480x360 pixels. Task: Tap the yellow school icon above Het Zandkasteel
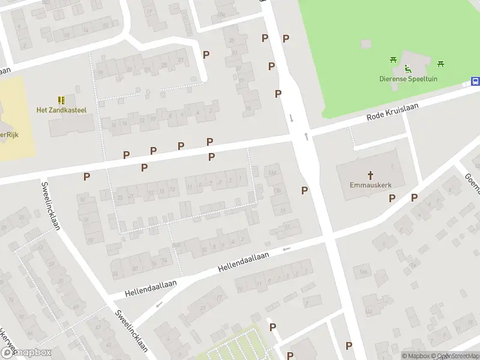61,100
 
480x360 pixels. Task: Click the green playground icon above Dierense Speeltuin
408,68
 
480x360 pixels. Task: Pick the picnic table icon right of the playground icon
440,64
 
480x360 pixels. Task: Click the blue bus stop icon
475,82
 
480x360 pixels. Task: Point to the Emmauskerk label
370,185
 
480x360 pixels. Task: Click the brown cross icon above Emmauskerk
370,175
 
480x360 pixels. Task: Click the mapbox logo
25,353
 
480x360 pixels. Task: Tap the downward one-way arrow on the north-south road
292,118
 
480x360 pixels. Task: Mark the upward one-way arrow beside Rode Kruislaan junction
307,137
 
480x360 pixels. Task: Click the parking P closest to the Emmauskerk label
392,198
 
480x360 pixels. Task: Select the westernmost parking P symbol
87,176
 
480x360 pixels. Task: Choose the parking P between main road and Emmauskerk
304,190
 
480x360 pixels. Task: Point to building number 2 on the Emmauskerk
393,166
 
